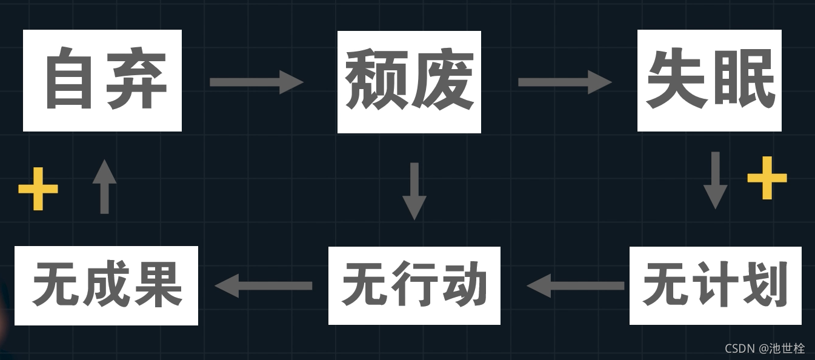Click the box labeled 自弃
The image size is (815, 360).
[102, 81]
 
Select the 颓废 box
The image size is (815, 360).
[409, 82]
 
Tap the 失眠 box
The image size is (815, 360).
[710, 81]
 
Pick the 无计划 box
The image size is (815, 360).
[715, 285]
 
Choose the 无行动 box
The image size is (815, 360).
[414, 285]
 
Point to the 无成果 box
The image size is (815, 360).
[107, 285]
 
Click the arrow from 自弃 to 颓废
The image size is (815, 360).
[256, 82]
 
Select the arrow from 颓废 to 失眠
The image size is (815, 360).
[565, 82]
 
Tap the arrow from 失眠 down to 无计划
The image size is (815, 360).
[715, 180]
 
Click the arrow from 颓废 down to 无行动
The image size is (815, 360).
[414, 190]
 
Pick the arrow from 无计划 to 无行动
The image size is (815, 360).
[576, 285]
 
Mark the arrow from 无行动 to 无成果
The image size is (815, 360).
[264, 285]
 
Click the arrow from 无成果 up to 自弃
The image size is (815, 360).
[104, 186]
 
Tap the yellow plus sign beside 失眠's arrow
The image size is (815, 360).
[767, 178]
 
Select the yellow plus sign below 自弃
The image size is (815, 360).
[38, 189]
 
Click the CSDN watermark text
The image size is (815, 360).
[765, 348]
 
